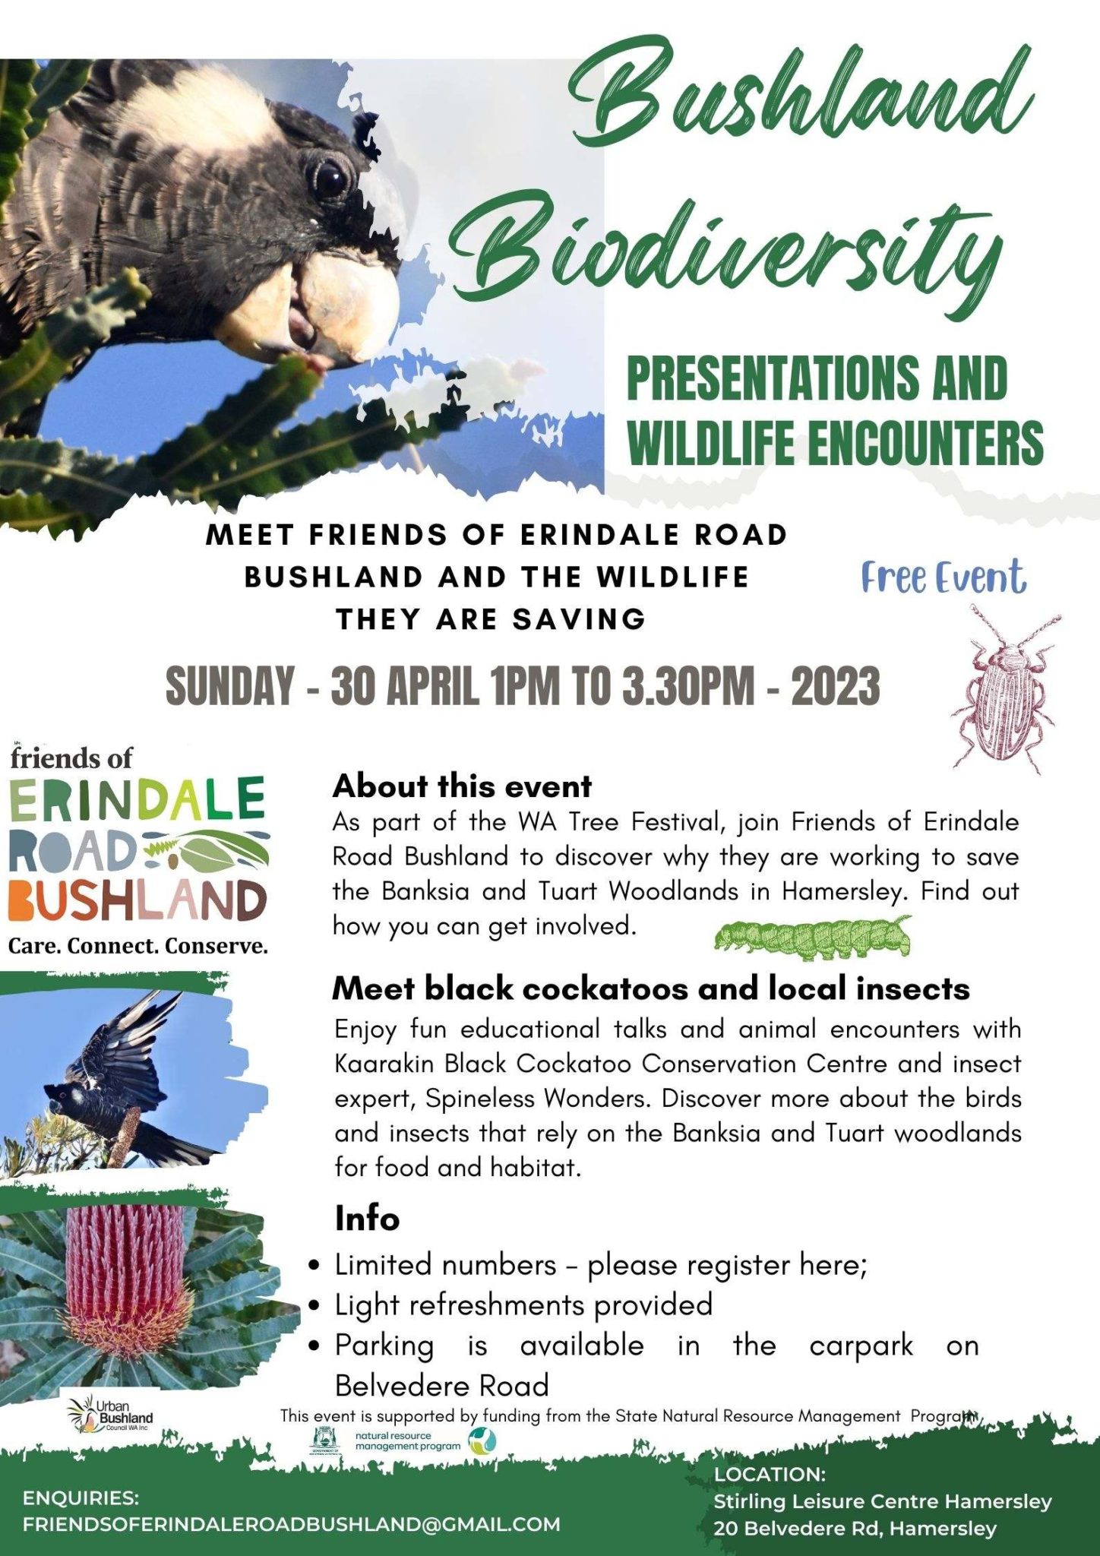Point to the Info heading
tap(367, 1219)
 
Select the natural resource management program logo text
tap(407, 1441)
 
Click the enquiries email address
tap(291, 1523)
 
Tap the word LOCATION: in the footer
tap(770, 1474)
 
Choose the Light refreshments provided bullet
tap(523, 1305)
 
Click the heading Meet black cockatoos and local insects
tap(651, 988)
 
